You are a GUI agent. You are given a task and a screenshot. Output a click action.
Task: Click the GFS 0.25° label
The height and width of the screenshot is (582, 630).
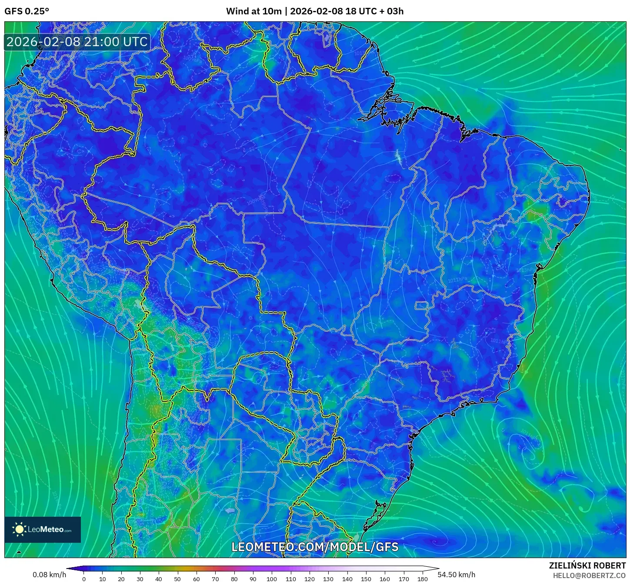(27, 11)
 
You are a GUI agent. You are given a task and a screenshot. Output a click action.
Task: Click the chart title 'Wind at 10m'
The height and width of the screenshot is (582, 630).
(253, 11)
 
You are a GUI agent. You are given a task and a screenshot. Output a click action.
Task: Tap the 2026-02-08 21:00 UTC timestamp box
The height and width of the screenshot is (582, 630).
(77, 42)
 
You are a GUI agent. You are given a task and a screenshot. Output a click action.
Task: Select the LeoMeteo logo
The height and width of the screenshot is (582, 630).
(43, 529)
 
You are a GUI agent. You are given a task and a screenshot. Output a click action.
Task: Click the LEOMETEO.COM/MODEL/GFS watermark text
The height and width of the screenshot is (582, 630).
(315, 547)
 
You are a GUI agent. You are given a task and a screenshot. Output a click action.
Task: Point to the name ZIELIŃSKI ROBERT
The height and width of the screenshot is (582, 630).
(587, 565)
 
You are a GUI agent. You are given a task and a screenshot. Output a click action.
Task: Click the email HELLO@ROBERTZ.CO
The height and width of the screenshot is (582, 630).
(589, 575)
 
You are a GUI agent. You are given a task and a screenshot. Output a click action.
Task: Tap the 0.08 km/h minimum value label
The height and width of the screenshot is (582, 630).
(49, 575)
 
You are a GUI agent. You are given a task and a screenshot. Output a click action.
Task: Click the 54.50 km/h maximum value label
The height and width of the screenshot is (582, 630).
(456, 575)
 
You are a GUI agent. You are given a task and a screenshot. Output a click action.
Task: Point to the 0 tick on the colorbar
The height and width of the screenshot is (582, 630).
(84, 579)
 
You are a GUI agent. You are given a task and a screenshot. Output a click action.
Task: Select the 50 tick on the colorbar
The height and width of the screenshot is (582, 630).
(177, 579)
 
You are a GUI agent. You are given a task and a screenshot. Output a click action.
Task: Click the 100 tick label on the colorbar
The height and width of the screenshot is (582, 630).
(272, 579)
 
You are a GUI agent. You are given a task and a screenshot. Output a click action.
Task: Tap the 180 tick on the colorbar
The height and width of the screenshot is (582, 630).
(423, 579)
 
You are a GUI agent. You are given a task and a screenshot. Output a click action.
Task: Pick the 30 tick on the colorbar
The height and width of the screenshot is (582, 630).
(140, 579)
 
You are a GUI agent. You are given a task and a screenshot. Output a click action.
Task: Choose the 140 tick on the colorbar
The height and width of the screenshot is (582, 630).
(347, 579)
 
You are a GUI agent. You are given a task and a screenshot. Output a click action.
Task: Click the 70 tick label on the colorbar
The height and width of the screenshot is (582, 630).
(215, 579)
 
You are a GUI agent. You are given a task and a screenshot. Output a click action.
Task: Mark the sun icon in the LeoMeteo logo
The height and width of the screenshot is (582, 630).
(20, 529)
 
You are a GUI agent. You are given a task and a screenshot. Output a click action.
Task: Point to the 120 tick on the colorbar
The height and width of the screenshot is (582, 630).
(310, 579)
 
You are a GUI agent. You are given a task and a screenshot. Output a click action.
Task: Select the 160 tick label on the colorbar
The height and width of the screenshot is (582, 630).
(385, 579)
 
